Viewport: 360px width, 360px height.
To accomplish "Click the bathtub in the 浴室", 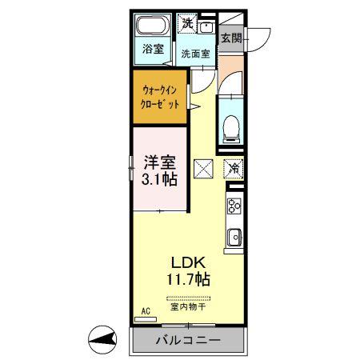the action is (x=153, y=26).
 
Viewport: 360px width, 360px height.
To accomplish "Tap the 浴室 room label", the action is (x=153, y=49).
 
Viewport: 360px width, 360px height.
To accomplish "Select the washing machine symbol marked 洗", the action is (x=188, y=23).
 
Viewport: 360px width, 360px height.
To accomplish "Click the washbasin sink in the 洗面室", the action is (x=206, y=27).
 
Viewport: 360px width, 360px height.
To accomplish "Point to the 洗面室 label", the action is (x=195, y=54).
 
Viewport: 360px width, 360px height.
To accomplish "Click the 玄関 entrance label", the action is (x=231, y=38).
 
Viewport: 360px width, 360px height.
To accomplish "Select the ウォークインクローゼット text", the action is (x=160, y=98).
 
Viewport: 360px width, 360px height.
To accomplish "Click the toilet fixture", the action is (x=231, y=129).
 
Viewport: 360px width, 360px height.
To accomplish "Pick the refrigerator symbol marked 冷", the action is (x=234, y=169).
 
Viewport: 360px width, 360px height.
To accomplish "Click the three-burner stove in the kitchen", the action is (x=234, y=206).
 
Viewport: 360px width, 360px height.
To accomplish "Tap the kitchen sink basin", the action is (x=234, y=237).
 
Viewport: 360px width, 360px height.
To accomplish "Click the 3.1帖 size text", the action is (x=159, y=179).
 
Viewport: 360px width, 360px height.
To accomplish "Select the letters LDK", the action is (x=188, y=262).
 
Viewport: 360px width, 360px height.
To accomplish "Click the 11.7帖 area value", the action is (x=188, y=279).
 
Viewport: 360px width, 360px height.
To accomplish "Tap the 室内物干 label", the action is (x=188, y=306).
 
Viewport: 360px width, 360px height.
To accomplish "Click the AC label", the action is (x=146, y=311).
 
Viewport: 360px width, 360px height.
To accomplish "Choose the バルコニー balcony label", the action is (x=188, y=340).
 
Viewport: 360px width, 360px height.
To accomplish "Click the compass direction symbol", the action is (x=102, y=340).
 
